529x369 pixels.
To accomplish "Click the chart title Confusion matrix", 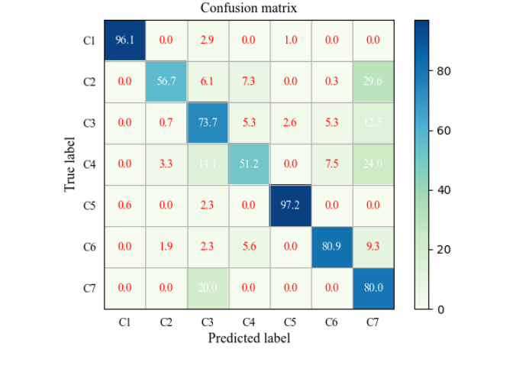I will click(x=249, y=8).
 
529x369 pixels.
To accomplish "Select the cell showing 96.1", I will click(x=125, y=40).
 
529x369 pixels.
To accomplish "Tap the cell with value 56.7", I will click(x=166, y=82).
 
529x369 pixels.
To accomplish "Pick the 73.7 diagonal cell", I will click(x=208, y=123).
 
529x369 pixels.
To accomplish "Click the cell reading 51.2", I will click(x=249, y=164).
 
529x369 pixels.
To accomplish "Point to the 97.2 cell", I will click(x=290, y=206).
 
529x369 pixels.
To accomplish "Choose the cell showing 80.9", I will click(x=331, y=247).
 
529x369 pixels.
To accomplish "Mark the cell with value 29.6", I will click(x=373, y=82).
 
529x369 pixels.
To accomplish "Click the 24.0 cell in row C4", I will click(x=373, y=164).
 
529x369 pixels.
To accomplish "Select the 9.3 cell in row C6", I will click(x=373, y=247).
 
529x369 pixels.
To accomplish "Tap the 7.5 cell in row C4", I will click(x=331, y=164).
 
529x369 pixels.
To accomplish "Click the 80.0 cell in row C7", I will click(x=373, y=288).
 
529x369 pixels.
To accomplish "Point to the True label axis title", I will click(x=70, y=164).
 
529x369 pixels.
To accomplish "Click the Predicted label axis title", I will click(x=249, y=337).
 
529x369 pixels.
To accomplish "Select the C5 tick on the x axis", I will click(x=290, y=322).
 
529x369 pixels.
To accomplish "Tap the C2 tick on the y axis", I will click(x=89, y=82).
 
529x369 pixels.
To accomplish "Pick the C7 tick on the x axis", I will click(x=373, y=322).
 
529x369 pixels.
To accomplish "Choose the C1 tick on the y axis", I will click(x=89, y=40).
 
